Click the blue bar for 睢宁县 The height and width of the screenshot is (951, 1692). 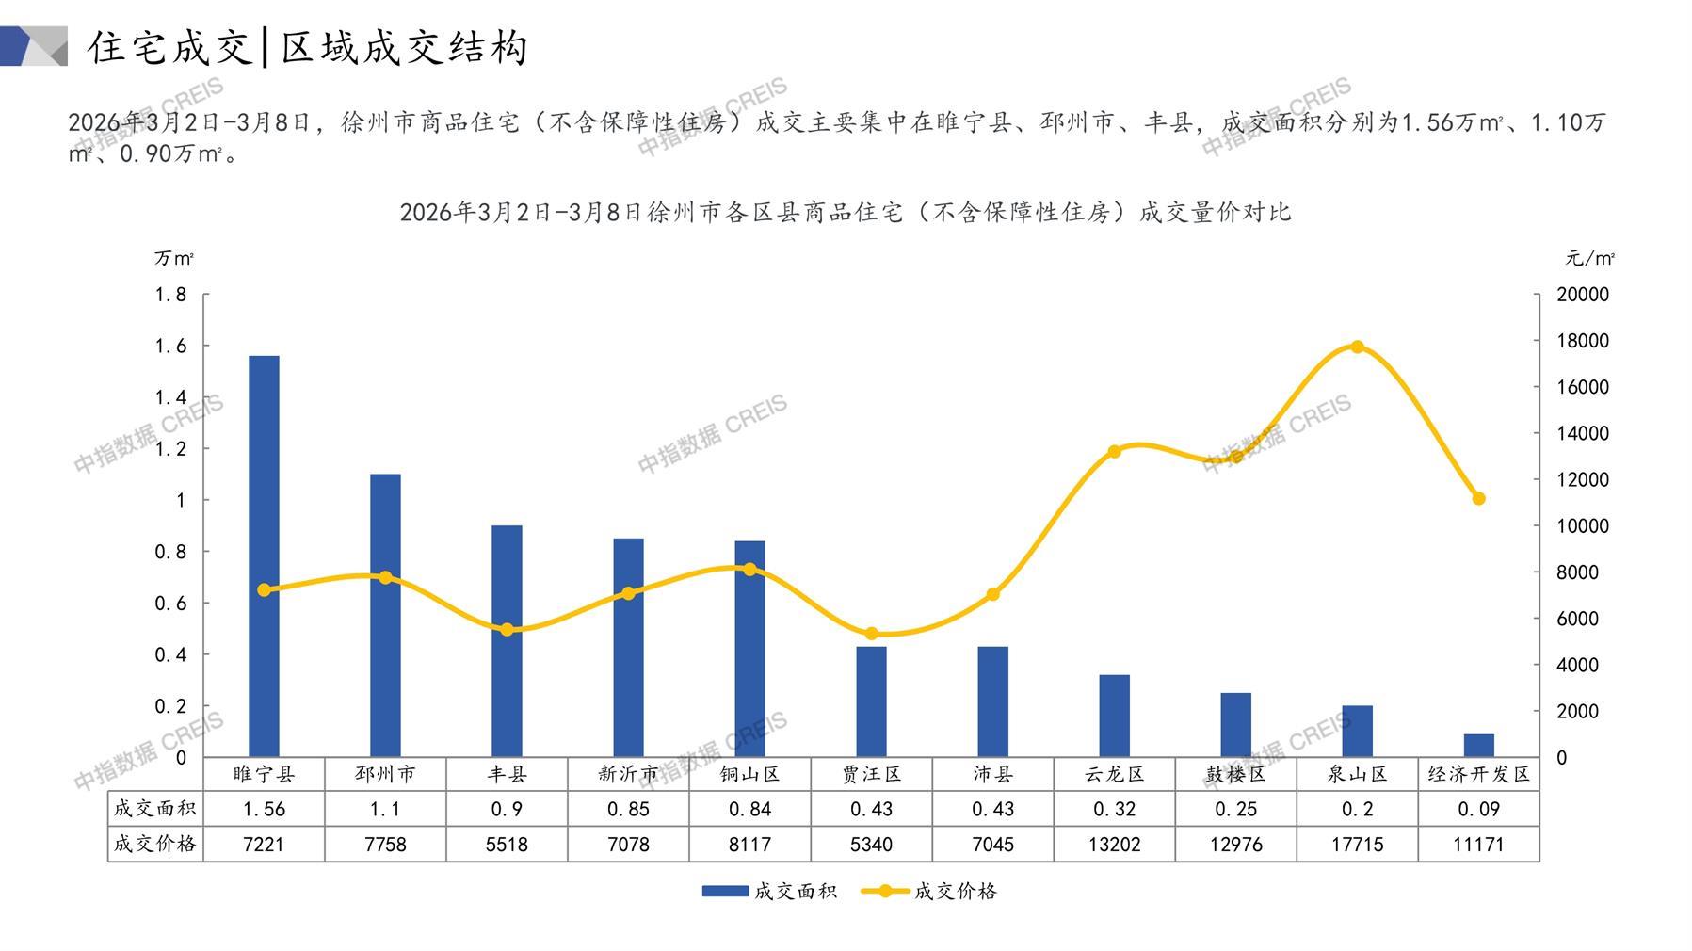(x=264, y=556)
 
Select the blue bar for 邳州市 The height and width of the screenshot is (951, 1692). (x=385, y=615)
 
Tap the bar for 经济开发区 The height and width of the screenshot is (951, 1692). (x=1478, y=745)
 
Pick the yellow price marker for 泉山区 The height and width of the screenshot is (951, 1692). (x=1357, y=347)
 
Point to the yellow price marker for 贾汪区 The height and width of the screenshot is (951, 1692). (x=871, y=634)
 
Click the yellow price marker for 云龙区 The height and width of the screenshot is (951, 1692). (x=1114, y=452)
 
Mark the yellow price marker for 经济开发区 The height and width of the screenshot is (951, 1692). (x=1478, y=498)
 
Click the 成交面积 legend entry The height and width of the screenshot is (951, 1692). (x=769, y=891)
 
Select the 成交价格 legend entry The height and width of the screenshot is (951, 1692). (x=929, y=891)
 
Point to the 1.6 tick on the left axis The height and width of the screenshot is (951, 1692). (x=171, y=347)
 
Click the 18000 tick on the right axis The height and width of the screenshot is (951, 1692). (x=1583, y=341)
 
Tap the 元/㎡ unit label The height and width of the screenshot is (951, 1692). (x=1589, y=258)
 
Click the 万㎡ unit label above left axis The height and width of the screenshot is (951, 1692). (x=174, y=258)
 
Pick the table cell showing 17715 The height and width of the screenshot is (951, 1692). (x=1357, y=845)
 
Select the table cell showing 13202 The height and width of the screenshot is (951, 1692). (x=1114, y=845)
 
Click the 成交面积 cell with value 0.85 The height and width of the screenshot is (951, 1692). (x=628, y=809)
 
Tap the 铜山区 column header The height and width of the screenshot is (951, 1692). (x=749, y=774)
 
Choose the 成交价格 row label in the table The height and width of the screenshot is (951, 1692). (x=155, y=845)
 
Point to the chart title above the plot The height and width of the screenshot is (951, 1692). (x=845, y=212)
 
